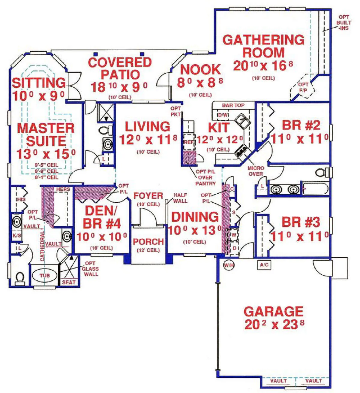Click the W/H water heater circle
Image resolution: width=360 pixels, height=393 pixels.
click(229, 265)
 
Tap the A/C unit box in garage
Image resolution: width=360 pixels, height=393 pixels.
click(264, 265)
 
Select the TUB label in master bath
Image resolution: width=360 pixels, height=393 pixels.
click(45, 276)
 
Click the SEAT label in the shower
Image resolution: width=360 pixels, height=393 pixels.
click(69, 282)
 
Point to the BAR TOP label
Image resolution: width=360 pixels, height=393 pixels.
click(233, 105)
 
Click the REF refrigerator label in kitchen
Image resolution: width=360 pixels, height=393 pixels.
click(189, 142)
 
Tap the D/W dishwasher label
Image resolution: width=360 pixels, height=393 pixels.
click(223, 115)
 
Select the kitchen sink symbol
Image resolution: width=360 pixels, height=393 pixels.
click(243, 121)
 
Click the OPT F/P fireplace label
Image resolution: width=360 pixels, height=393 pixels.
click(303, 87)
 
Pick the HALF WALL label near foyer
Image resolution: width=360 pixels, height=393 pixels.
click(180, 198)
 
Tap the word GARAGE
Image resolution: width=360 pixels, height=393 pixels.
click(274, 312)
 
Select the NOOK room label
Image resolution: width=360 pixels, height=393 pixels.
click(200, 70)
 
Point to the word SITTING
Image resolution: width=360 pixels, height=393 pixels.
click(39, 83)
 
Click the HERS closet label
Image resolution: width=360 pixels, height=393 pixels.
click(63, 189)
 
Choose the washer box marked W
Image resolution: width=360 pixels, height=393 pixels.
click(233, 234)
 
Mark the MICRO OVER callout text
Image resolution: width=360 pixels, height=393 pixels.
click(256, 171)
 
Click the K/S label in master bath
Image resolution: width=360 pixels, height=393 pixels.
click(16, 235)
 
